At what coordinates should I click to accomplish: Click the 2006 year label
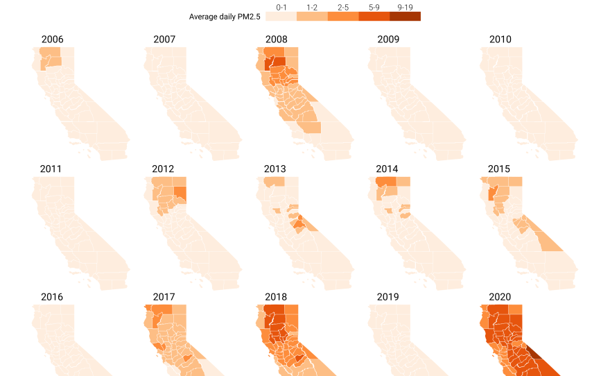click(x=52, y=40)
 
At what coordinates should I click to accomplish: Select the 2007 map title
click(x=164, y=40)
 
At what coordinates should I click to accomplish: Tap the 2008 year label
click(x=275, y=40)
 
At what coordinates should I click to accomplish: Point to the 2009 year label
click(x=388, y=40)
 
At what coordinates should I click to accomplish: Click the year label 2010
click(x=500, y=40)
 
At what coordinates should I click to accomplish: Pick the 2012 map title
click(x=164, y=169)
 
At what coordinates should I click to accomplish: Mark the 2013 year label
click(x=275, y=169)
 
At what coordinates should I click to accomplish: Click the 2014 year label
click(x=387, y=169)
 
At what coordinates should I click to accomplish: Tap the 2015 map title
click(x=499, y=169)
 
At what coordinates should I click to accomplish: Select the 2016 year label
click(x=52, y=297)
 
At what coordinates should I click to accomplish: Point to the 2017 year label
click(x=164, y=297)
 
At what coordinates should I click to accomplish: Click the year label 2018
click(x=275, y=297)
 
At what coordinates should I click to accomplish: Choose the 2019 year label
click(x=388, y=297)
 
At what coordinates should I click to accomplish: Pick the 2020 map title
click(x=500, y=297)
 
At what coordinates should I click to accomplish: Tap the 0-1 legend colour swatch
click(x=281, y=17)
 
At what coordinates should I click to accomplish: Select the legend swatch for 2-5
click(x=343, y=17)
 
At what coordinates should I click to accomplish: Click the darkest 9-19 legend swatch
click(x=405, y=17)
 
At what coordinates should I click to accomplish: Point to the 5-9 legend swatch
click(x=374, y=17)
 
